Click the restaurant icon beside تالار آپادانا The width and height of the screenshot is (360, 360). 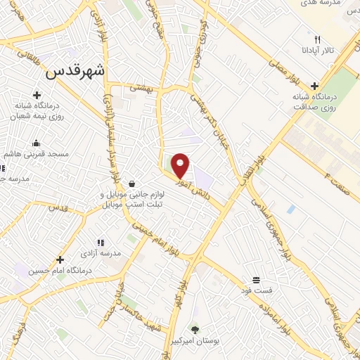click(x=317, y=39)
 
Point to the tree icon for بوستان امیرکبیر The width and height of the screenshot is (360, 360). click(x=195, y=328)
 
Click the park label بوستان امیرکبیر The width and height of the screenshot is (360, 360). click(x=217, y=340)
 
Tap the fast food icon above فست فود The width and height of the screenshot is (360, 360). click(x=256, y=279)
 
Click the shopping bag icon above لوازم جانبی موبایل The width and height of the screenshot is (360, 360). click(x=132, y=184)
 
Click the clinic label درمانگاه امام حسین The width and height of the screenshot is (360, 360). click(x=60, y=270)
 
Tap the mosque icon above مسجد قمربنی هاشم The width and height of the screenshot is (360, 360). click(x=37, y=143)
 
